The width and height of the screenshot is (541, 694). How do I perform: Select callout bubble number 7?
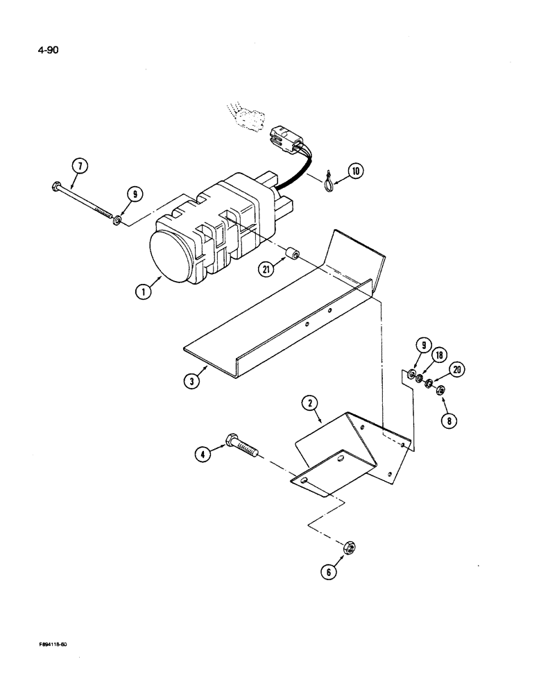click(81, 166)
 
